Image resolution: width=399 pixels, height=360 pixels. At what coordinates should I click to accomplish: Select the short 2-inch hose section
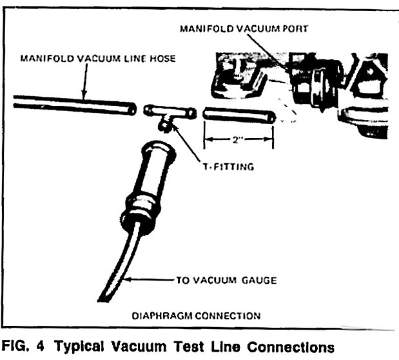[239, 116]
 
